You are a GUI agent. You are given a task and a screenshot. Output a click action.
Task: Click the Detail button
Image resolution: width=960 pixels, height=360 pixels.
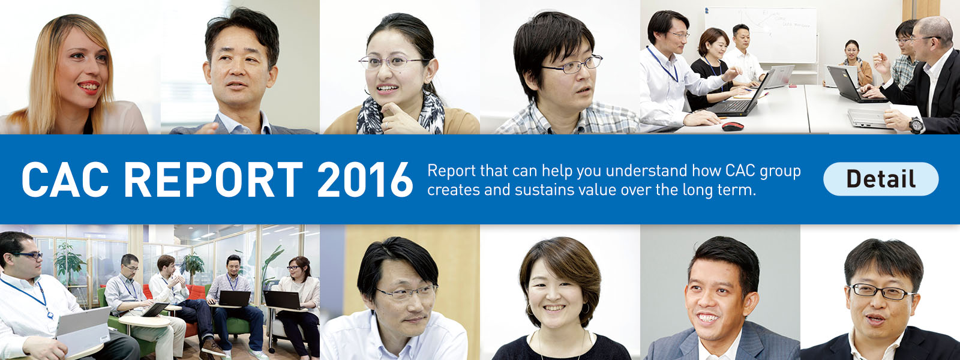pyautogui.click(x=881, y=179)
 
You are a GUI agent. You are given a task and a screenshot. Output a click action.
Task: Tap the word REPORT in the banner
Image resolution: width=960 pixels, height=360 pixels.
pyautogui.click(x=213, y=179)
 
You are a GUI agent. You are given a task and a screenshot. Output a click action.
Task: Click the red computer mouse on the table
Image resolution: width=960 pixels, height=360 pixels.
pyautogui.click(x=733, y=127)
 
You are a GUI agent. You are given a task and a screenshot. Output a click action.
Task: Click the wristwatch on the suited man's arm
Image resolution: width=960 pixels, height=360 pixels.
pyautogui.click(x=915, y=125)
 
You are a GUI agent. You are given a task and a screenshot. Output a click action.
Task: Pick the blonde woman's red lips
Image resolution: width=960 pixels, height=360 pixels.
pyautogui.click(x=89, y=87)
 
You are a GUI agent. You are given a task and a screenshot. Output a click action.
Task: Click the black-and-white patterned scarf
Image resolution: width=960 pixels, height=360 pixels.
pyautogui.click(x=401, y=113)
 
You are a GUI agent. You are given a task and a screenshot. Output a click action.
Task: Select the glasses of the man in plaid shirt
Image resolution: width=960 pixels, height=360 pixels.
pyautogui.click(x=572, y=64)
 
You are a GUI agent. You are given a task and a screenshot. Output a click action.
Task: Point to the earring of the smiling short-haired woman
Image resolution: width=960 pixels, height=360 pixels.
pyautogui.click(x=586, y=307)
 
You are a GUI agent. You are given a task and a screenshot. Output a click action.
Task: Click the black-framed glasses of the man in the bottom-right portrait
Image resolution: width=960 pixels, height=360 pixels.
pyautogui.click(x=882, y=292)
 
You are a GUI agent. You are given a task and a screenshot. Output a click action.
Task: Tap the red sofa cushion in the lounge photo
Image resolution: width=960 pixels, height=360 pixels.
pyautogui.click(x=196, y=292)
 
